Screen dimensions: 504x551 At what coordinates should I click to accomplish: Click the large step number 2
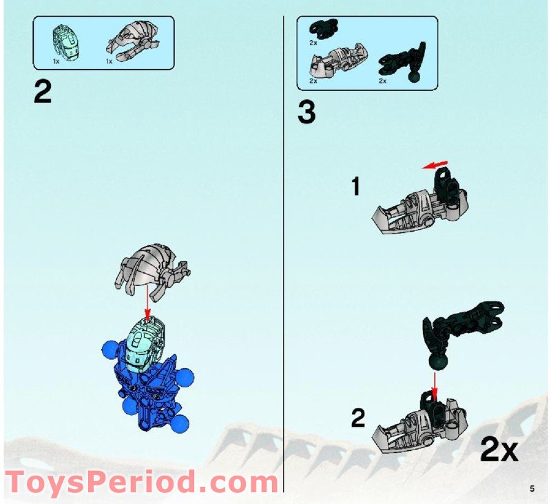click(42, 92)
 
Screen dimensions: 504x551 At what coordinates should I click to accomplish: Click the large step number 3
click(306, 112)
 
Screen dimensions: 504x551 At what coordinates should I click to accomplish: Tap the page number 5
click(532, 489)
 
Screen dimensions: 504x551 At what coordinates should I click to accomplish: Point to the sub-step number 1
click(355, 186)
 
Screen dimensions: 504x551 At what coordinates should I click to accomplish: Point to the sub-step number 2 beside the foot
click(358, 417)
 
